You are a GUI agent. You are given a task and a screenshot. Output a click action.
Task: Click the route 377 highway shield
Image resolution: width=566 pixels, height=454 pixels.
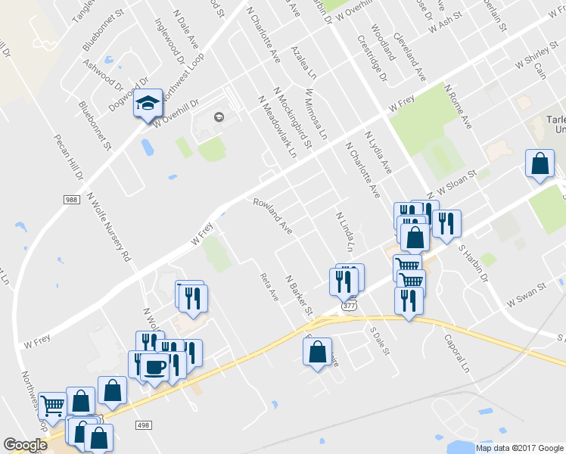pyautogui.click(x=349, y=306)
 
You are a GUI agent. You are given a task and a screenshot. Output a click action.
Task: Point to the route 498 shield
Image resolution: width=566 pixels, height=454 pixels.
pyautogui.click(x=142, y=426)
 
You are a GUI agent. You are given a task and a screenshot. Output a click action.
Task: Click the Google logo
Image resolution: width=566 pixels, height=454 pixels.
pyautogui.click(x=25, y=444)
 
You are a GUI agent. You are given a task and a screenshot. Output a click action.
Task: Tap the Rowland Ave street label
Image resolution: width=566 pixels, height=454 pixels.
pyautogui.click(x=272, y=216)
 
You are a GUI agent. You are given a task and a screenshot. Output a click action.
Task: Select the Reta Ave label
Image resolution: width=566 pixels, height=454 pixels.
pyautogui.click(x=270, y=287)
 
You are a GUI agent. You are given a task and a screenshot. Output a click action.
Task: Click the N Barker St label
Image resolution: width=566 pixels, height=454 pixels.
pyautogui.click(x=299, y=294)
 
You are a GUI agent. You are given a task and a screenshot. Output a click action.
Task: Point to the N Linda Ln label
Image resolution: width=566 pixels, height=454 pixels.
pyautogui.click(x=344, y=232)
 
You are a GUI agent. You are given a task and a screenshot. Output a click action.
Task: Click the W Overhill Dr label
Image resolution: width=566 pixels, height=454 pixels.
pyautogui.click(x=175, y=112)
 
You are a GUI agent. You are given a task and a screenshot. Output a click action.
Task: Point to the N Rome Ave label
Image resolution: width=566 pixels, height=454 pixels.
pyautogui.click(x=459, y=106)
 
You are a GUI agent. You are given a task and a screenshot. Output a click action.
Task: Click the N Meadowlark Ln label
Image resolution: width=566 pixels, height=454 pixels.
pyautogui.click(x=277, y=126)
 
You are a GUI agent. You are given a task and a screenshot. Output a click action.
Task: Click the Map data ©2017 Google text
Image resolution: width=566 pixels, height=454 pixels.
pyautogui.click(x=519, y=448)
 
